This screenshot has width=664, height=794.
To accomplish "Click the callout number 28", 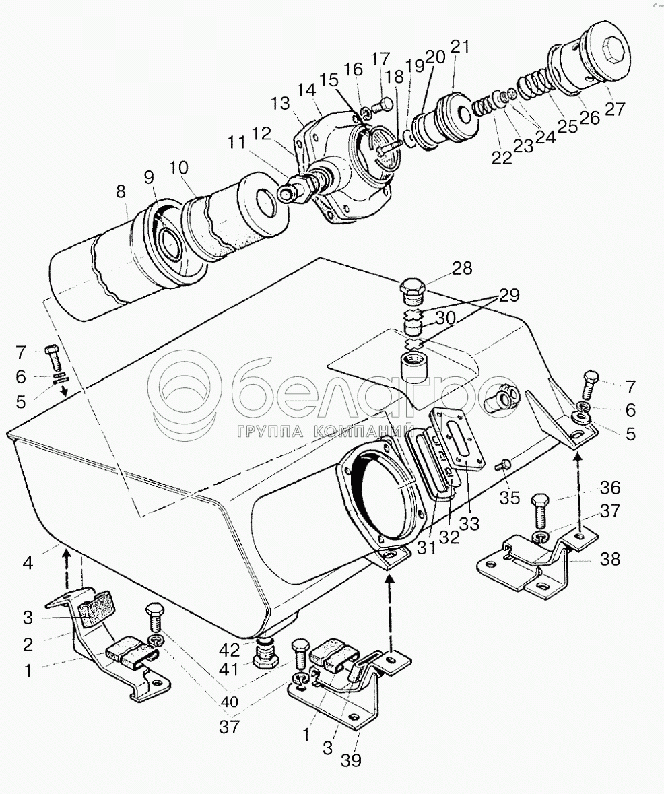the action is pyautogui.click(x=462, y=268).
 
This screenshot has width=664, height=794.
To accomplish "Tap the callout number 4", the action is pyautogui.click(x=28, y=562).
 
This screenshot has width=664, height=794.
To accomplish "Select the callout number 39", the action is pyautogui.click(x=351, y=760).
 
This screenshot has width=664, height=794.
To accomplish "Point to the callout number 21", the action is pyautogui.click(x=460, y=47).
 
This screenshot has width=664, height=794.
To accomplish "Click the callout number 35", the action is pyautogui.click(x=510, y=498).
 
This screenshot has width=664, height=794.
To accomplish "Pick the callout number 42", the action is pyautogui.click(x=229, y=650).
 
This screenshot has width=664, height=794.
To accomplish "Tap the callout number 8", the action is pyautogui.click(x=121, y=191).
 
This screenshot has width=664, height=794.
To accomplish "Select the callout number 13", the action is pyautogui.click(x=280, y=103).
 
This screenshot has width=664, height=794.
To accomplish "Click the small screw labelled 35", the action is pyautogui.click(x=504, y=465).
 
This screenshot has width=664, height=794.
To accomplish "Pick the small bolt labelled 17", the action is pyautogui.click(x=383, y=106).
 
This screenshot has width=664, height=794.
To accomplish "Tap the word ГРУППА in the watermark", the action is pyautogui.click(x=270, y=431).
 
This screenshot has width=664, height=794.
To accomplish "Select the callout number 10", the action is pyautogui.click(x=178, y=168).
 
